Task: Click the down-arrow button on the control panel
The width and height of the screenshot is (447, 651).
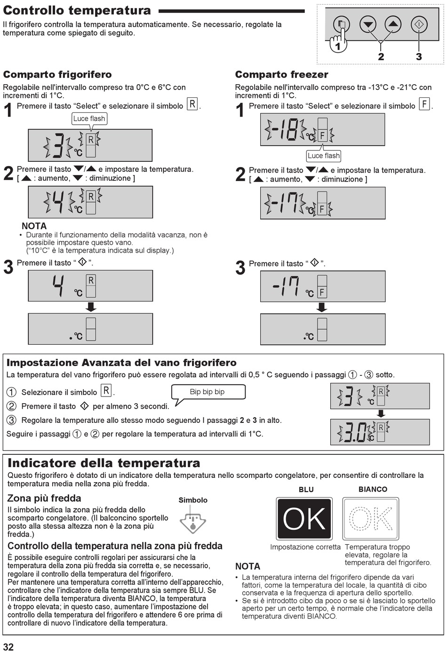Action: coord(367,24)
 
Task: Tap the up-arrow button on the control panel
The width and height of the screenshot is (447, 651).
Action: coord(393,24)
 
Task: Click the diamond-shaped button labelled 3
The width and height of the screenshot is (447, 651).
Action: coord(419,24)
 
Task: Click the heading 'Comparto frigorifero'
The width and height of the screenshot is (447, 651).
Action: coord(57,75)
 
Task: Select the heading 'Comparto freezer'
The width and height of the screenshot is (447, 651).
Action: coord(281,75)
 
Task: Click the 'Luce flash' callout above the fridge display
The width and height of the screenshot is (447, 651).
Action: coord(89,119)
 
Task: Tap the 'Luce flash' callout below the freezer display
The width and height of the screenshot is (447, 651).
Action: coord(323,156)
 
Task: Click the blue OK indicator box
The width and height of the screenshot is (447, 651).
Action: coord(304,519)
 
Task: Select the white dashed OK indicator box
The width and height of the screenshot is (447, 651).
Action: coord(371,519)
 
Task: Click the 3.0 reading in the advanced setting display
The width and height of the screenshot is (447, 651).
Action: coord(355,432)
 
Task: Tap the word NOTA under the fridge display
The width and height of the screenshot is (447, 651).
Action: coord(34,226)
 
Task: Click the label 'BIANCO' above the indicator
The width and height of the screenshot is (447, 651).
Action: coord(373,489)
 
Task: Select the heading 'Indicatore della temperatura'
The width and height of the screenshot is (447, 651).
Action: coord(104,463)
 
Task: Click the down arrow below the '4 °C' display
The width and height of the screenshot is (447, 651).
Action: coord(91,307)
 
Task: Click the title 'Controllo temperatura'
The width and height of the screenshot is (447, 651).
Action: coord(77,10)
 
